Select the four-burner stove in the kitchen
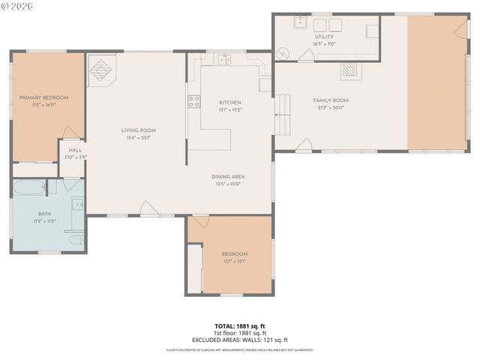pyautogui.click(x=194, y=101)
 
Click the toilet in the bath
pyautogui.click(x=76, y=240)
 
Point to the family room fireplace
pyautogui.click(x=351, y=71)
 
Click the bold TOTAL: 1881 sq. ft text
pyautogui.click(x=240, y=326)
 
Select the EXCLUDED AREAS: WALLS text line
pyautogui.click(x=240, y=339)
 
